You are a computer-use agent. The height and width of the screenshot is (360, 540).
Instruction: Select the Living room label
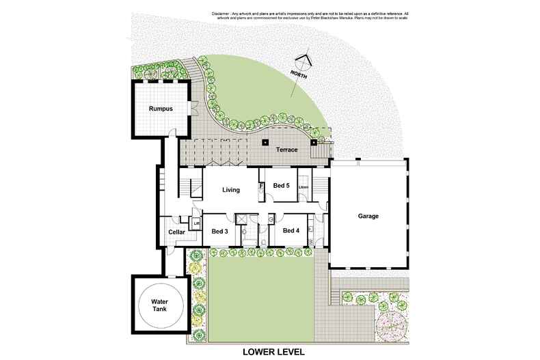pyautogui.click(x=232, y=189)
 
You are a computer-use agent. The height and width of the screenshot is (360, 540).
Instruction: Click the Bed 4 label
pyautogui.click(x=291, y=230)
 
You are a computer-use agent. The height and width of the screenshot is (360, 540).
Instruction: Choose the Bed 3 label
pyautogui.click(x=220, y=231)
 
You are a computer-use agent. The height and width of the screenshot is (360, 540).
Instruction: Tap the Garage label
pyautogui.click(x=368, y=217)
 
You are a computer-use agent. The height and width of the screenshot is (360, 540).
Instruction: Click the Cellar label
pyautogui.click(x=176, y=232)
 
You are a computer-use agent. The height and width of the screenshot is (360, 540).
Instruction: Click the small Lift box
pyautogui.click(x=195, y=223)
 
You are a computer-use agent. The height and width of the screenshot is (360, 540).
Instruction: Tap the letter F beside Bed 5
pyautogui.click(x=261, y=186)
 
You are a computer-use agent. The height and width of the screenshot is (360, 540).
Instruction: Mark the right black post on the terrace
pyautogui.click(x=314, y=143)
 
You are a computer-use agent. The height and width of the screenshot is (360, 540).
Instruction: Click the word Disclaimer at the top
pyautogui.click(x=224, y=13)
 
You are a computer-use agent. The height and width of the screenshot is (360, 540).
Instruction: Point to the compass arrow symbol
pyautogui.click(x=304, y=61)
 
